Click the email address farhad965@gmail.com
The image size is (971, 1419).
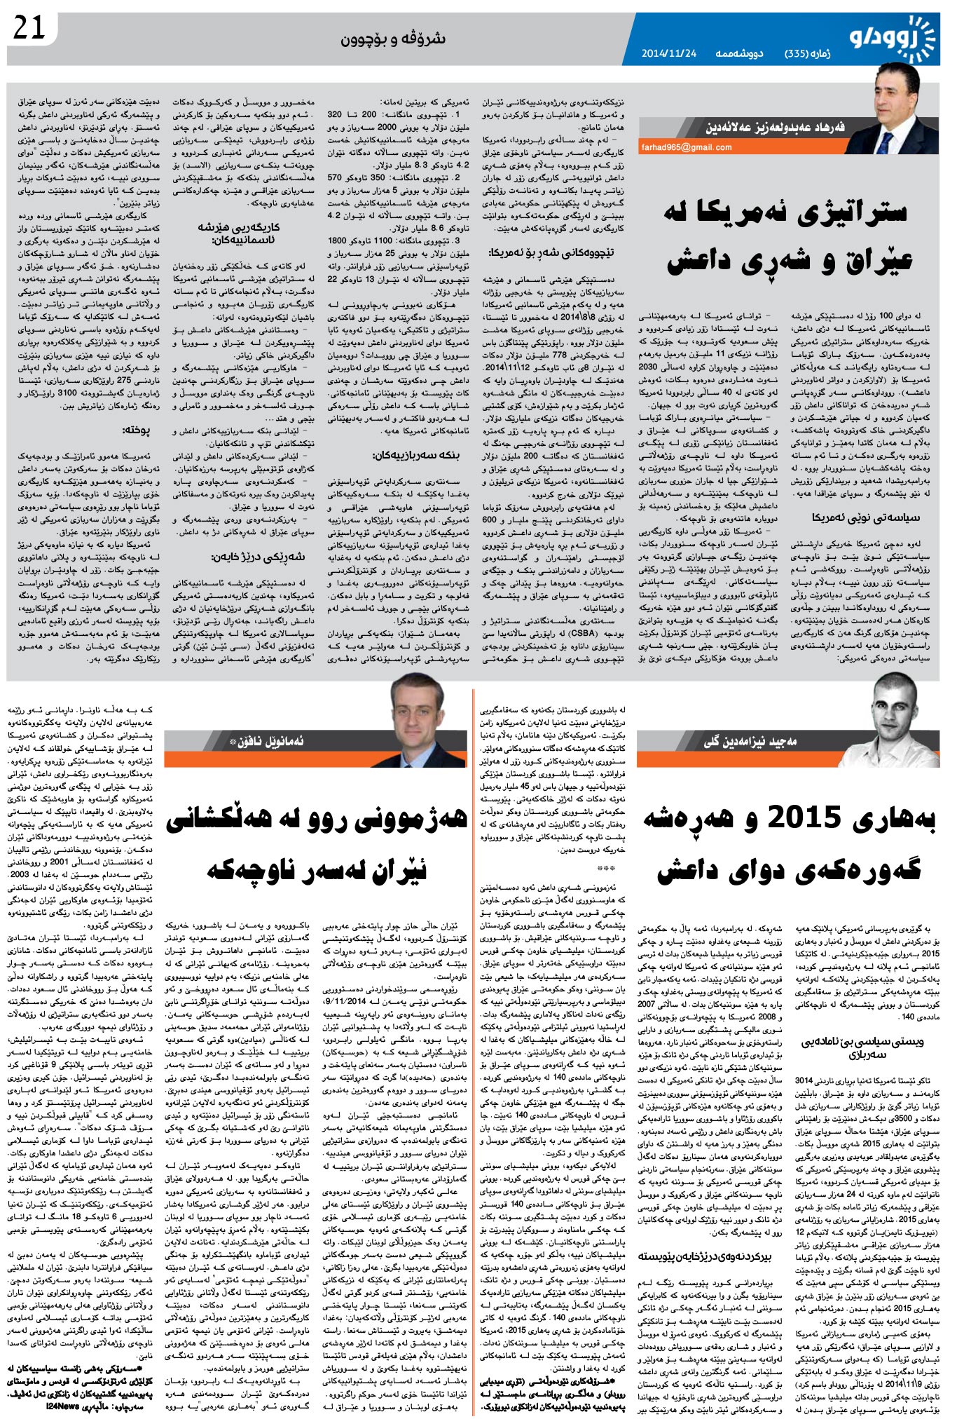686,147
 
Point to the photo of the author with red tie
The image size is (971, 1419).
900,106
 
